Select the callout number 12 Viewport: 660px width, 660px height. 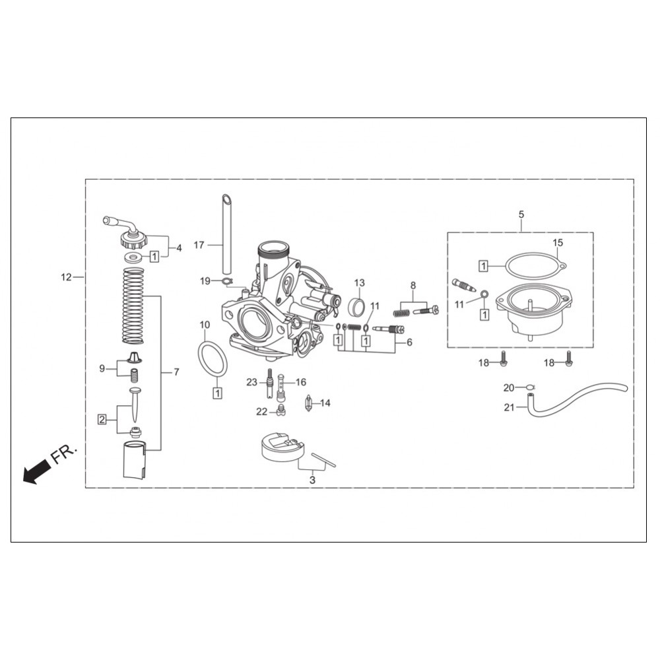[67, 277]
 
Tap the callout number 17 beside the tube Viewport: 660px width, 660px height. [199, 245]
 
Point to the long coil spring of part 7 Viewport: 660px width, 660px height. [133, 306]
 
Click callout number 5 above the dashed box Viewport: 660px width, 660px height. [521, 214]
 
